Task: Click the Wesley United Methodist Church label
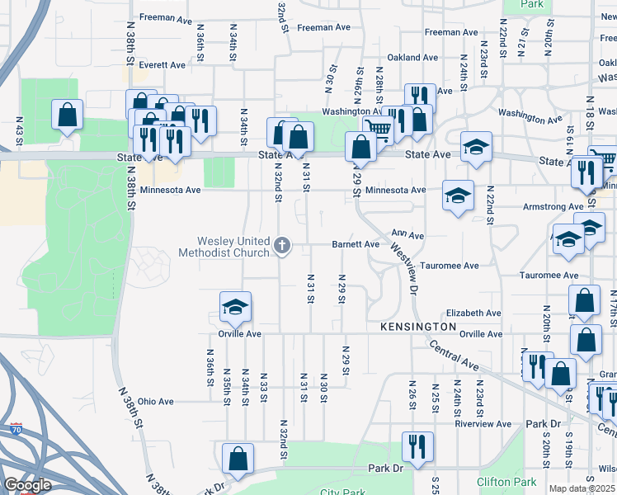(x=224, y=247)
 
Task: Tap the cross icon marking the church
(x=283, y=244)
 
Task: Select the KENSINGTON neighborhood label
(x=418, y=328)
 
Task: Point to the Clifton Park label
(x=506, y=481)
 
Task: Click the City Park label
(x=342, y=493)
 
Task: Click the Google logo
(x=26, y=485)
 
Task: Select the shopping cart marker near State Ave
(x=378, y=129)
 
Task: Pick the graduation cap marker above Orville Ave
(x=235, y=309)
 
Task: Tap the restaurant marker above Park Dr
(x=417, y=446)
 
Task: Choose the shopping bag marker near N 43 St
(x=67, y=115)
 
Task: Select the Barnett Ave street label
(x=356, y=244)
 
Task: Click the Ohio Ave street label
(x=156, y=402)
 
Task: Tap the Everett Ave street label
(x=162, y=64)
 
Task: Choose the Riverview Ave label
(x=483, y=424)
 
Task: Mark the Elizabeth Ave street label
(x=473, y=313)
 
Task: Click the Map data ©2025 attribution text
(x=582, y=488)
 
